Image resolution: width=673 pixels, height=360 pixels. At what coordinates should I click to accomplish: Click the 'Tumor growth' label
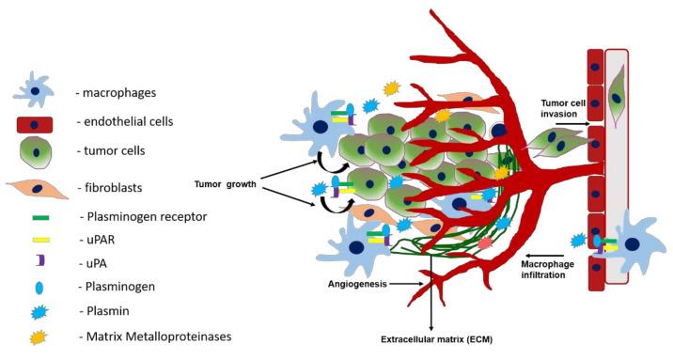tap(227, 184)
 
